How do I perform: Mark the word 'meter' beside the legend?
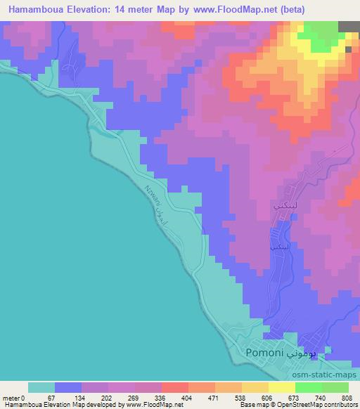pyautogui.click(x=12, y=397)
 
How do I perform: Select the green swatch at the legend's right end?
pyautogui.click(x=335, y=387)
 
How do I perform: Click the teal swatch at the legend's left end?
pyautogui.click(x=41, y=387)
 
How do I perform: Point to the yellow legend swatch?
pyautogui.click(x=281, y=387)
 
